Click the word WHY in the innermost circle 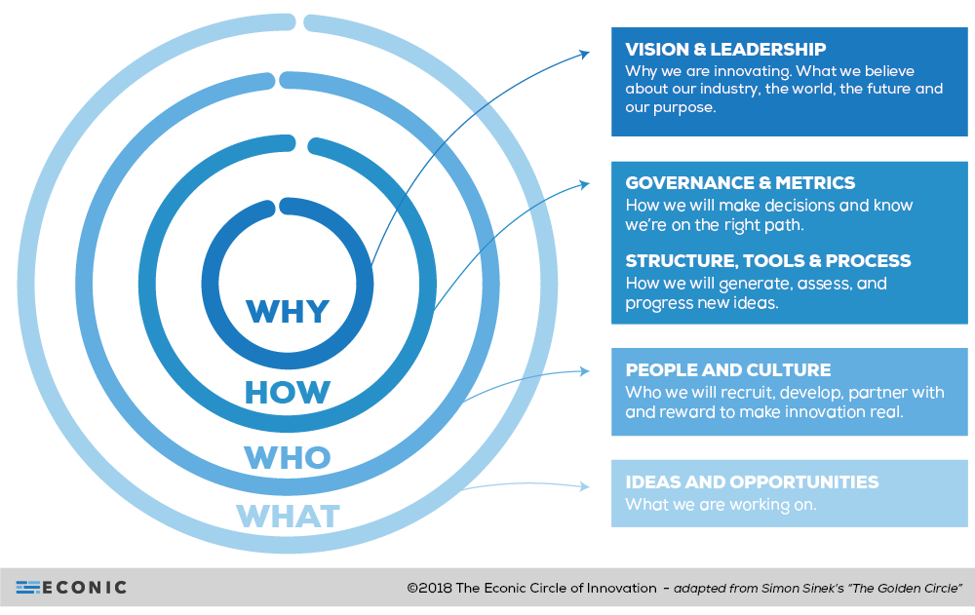pyautogui.click(x=288, y=311)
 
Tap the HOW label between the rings pyautogui.click(x=288, y=392)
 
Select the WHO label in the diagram pyautogui.click(x=288, y=456)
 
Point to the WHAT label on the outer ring pyautogui.click(x=288, y=516)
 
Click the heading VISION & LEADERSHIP pyautogui.click(x=725, y=50)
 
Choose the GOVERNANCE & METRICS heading pyautogui.click(x=740, y=182)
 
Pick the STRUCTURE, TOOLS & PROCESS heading pyautogui.click(x=768, y=261)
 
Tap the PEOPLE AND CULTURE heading pyautogui.click(x=727, y=370)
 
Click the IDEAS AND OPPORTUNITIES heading pyautogui.click(x=752, y=482)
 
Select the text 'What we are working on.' pyautogui.click(x=721, y=505)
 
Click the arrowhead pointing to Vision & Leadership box pyautogui.click(x=584, y=53)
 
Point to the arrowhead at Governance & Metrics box pyautogui.click(x=584, y=182)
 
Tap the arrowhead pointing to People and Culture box pyautogui.click(x=584, y=370)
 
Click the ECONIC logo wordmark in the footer pyautogui.click(x=85, y=588)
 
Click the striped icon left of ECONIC pyautogui.click(x=27, y=588)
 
